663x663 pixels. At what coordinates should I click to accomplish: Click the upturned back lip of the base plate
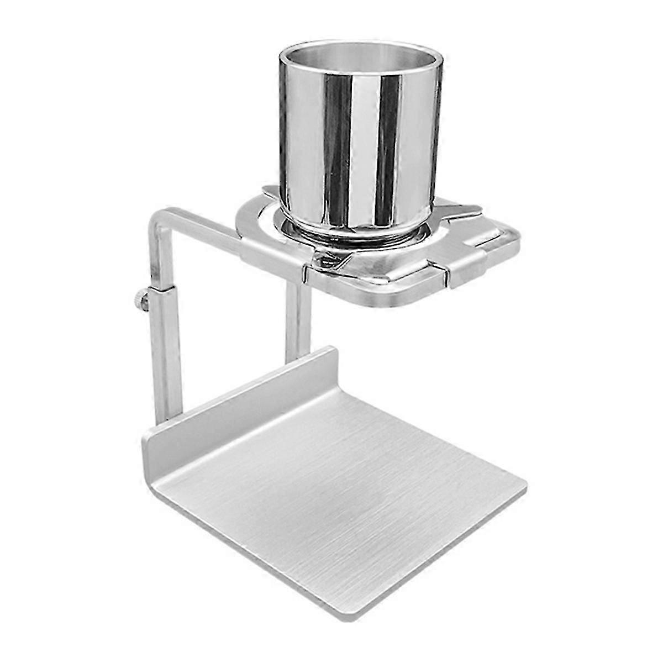(243, 398)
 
